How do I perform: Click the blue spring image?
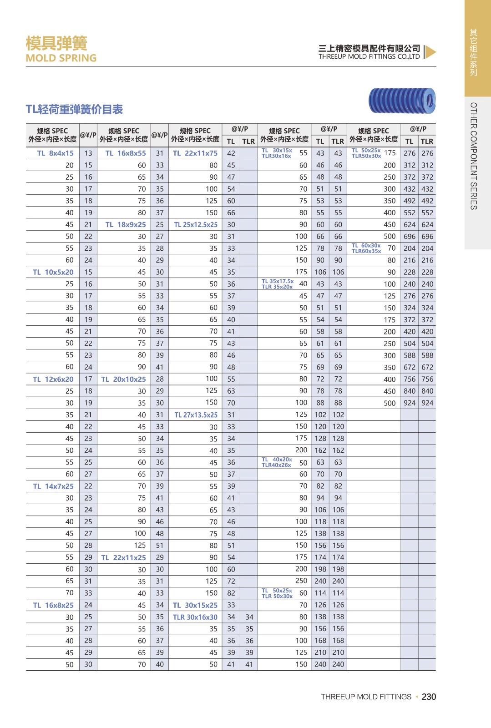point(402,101)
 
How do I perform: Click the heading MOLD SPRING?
point(61,58)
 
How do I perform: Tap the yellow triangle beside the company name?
point(430,52)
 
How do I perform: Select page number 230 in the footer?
point(429,697)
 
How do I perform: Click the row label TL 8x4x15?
point(55,153)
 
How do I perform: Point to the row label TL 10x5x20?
point(53,272)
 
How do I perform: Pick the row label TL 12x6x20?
point(53,379)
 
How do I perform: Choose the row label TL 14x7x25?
point(53,486)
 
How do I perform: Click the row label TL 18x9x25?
point(126,225)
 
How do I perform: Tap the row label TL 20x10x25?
point(123,379)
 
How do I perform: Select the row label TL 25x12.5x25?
point(196,225)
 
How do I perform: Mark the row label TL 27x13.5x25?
point(196,415)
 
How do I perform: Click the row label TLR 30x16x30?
point(195,617)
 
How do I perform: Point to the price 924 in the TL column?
point(410,403)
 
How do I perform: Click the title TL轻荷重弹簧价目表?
point(74,110)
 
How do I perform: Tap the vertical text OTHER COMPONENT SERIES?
point(474,156)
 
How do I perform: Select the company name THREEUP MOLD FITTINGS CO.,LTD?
point(369,57)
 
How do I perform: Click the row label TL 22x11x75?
point(195,153)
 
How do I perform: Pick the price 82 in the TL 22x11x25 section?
point(231,593)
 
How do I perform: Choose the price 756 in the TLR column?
point(427,379)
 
